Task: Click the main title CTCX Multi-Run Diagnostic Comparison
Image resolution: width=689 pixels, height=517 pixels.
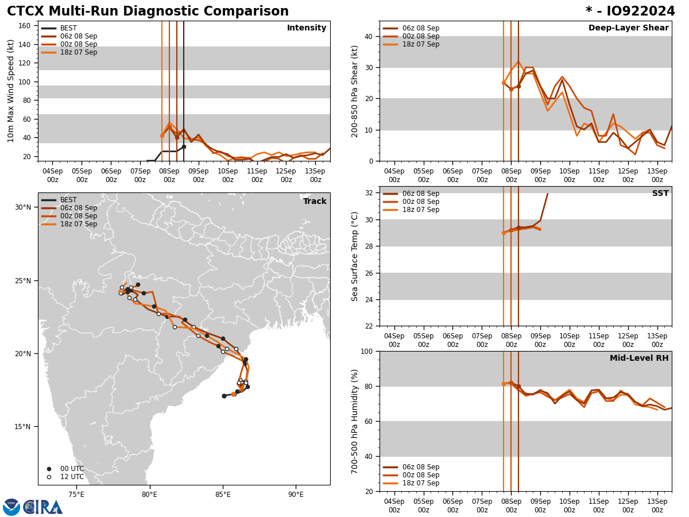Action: click(148, 11)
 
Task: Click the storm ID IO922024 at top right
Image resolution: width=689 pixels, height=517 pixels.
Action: click(630, 11)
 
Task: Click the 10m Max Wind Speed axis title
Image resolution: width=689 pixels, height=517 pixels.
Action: click(11, 91)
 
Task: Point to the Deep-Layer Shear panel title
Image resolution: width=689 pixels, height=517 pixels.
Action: click(628, 28)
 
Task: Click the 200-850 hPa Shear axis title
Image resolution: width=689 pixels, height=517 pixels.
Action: click(355, 91)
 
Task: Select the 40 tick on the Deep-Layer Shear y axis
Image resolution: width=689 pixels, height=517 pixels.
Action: click(367, 36)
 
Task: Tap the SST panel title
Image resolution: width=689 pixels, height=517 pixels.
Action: click(660, 194)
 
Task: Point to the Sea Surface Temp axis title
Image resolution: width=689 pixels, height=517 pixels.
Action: click(355, 256)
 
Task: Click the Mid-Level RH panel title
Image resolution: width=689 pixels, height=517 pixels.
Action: click(639, 358)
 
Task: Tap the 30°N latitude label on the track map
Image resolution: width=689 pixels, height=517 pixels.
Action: click(23, 207)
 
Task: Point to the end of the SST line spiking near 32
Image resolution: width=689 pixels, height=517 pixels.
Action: click(547, 194)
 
